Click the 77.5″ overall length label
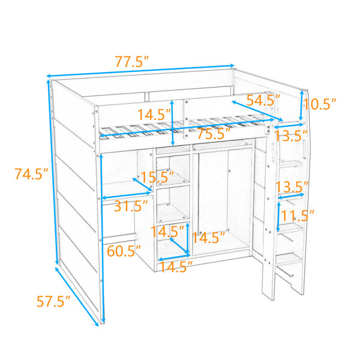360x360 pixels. coord(132,62)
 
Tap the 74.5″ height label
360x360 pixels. coord(31,174)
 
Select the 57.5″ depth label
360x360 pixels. coord(53,301)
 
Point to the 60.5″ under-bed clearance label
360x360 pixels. coord(124,251)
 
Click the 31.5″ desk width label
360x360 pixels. coord(131,206)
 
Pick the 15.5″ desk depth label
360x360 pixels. coord(157,177)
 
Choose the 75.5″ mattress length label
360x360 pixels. coord(214,134)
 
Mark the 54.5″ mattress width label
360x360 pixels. coord(263,100)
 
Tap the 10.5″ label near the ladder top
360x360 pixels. coord(320,104)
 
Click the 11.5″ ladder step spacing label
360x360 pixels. coord(298,215)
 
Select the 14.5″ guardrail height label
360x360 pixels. coord(154,115)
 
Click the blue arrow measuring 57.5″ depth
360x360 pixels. coord(77,296)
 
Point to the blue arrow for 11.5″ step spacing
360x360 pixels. coord(278,217)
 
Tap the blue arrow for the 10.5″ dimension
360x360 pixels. coord(301,105)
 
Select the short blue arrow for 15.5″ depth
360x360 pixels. coord(142,184)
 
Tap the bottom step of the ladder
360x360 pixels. coord(289,259)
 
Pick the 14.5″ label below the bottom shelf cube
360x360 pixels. coord(176,266)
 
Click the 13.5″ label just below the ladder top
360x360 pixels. coord(291,136)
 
